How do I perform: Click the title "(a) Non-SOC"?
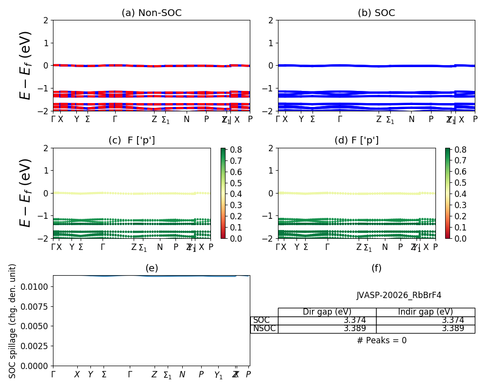[x=151, y=13]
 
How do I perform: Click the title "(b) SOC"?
[x=376, y=13]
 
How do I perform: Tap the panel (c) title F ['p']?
[x=132, y=141]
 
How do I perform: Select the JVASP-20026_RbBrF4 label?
[x=399, y=295]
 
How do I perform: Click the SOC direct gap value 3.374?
[x=355, y=320]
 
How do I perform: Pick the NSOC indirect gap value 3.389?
[x=452, y=328]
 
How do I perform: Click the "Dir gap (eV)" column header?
[x=327, y=312]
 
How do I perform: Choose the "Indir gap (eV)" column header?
[x=425, y=312]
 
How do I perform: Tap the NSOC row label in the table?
[x=264, y=328]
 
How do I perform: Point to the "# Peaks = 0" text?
[x=382, y=340]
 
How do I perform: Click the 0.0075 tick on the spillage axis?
[x=35, y=306]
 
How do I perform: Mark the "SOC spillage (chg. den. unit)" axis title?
[x=13, y=321]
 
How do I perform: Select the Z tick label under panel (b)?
[x=379, y=119]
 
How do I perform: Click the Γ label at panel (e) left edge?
[x=53, y=374]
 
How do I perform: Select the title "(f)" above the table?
[x=376, y=268]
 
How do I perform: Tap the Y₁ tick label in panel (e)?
[x=218, y=375]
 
